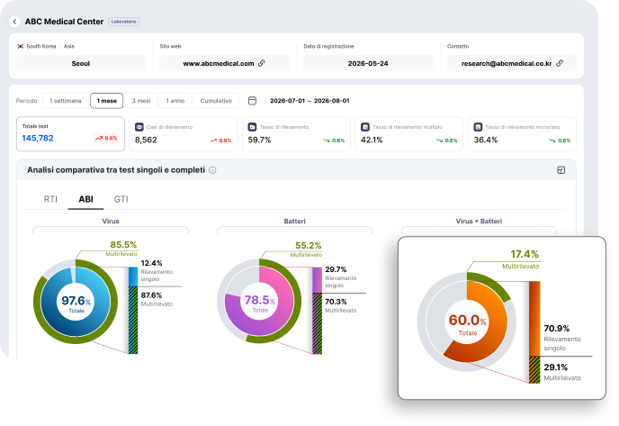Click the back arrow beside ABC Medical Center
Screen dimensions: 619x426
(14, 22)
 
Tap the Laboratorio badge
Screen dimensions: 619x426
(123, 22)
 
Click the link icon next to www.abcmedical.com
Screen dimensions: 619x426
(261, 63)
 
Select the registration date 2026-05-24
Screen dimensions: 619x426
(368, 64)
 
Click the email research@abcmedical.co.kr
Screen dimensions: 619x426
(507, 64)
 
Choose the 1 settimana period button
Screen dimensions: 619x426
(66, 101)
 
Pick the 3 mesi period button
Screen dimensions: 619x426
(141, 101)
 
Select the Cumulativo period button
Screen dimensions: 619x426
(216, 101)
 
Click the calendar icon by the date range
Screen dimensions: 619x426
(252, 101)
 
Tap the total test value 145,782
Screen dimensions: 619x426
(38, 138)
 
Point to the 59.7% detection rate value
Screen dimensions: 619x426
(259, 140)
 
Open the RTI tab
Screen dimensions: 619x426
(50, 199)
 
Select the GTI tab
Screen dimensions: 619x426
(121, 199)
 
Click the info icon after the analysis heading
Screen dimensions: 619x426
(212, 170)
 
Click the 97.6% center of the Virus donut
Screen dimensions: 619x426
(76, 301)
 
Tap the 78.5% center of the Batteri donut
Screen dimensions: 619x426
(259, 300)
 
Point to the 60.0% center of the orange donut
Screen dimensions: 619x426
(468, 320)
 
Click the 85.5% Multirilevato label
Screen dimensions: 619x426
(123, 245)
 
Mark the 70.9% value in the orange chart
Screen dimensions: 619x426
(557, 329)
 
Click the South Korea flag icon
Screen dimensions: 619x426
(21, 46)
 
